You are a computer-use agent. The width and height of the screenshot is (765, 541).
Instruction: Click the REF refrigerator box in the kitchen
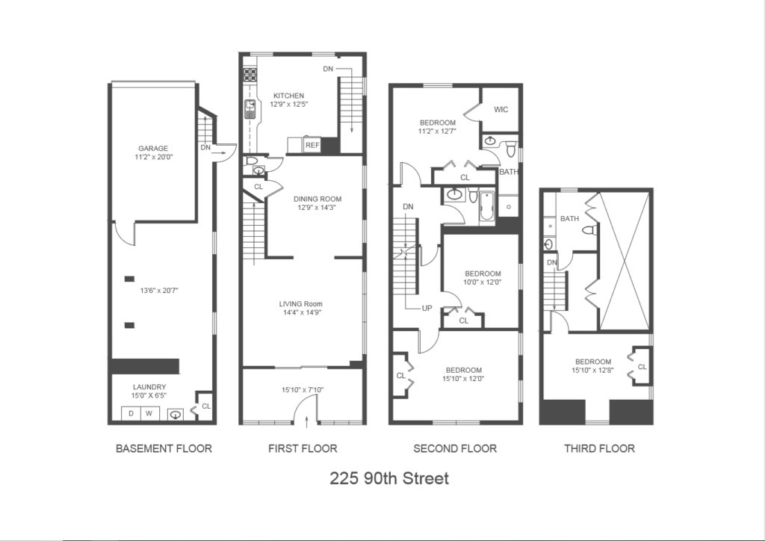click(312, 146)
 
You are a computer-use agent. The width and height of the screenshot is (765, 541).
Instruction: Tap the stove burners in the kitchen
click(250, 75)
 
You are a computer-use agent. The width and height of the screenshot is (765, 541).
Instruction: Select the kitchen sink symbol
click(250, 109)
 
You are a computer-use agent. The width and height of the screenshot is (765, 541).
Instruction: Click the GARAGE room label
click(152, 148)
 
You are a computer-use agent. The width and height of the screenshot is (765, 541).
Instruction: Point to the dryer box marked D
click(131, 414)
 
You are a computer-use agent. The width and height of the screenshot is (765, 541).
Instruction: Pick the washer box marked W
click(149, 414)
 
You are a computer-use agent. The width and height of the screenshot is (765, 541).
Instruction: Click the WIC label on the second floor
click(501, 109)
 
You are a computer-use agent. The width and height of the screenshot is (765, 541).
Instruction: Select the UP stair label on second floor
click(427, 309)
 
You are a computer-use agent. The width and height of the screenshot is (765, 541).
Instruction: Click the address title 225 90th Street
click(389, 478)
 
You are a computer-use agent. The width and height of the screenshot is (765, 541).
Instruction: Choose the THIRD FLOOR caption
click(600, 448)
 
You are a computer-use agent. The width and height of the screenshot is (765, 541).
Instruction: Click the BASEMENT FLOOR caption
click(164, 448)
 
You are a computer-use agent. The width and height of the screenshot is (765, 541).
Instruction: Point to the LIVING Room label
click(300, 304)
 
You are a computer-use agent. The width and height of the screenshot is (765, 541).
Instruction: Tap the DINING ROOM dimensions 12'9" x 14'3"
click(317, 207)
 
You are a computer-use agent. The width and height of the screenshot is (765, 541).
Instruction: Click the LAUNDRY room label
click(149, 387)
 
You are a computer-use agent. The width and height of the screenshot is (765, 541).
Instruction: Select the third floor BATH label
click(570, 218)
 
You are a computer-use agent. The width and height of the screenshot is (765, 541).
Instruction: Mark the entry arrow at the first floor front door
click(306, 421)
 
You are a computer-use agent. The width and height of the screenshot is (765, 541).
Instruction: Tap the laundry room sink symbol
click(176, 415)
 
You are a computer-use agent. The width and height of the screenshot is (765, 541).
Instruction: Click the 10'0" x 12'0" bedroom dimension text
click(483, 282)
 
